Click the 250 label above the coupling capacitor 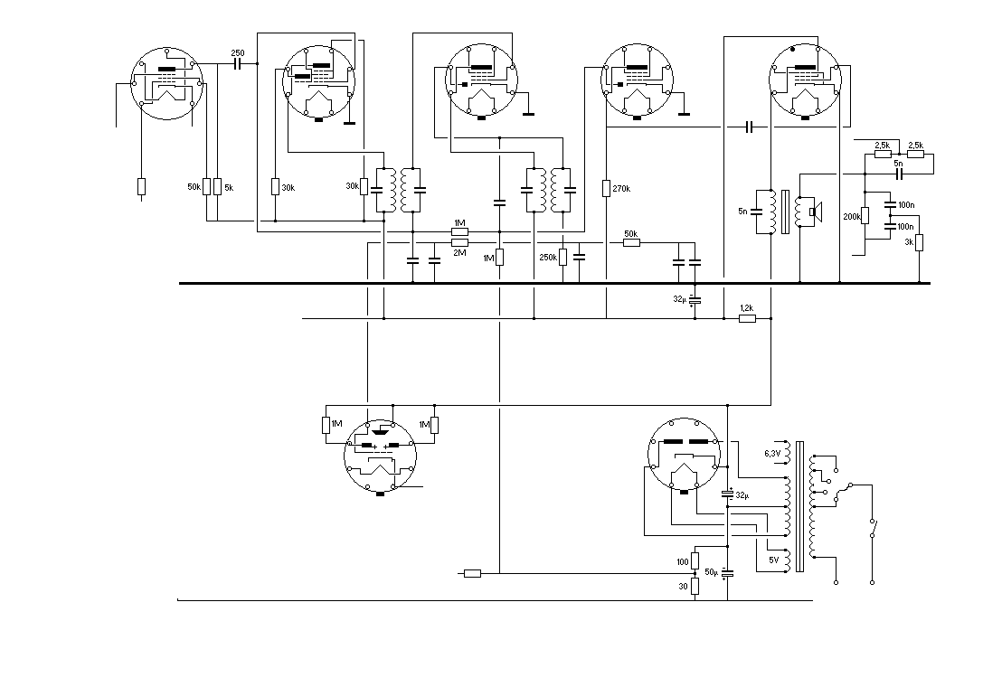238,53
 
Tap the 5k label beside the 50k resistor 228,187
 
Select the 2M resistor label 459,252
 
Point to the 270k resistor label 620,189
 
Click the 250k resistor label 548,258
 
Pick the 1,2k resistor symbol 747,318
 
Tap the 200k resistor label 852,217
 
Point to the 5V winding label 773,560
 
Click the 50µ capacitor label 711,573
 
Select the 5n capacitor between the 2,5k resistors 899,172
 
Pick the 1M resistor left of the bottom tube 326,425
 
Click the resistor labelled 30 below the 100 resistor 695,585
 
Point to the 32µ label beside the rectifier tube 742,495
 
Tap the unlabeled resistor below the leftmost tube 141,186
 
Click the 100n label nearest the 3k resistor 905,227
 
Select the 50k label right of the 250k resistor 631,233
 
